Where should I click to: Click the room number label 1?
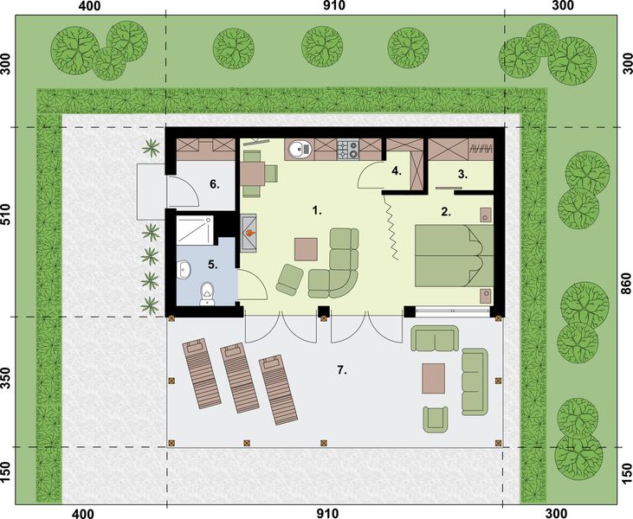[x=317, y=209]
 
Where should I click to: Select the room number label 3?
[x=462, y=174]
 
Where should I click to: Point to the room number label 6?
[x=213, y=184]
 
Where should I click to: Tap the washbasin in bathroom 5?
[x=184, y=271]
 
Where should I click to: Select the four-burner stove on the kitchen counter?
[x=347, y=150]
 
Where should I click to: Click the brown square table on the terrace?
[x=434, y=378]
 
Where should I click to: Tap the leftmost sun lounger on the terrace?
[x=200, y=373]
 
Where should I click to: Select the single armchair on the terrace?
[x=436, y=418]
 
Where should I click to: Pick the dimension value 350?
[x=8, y=381]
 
